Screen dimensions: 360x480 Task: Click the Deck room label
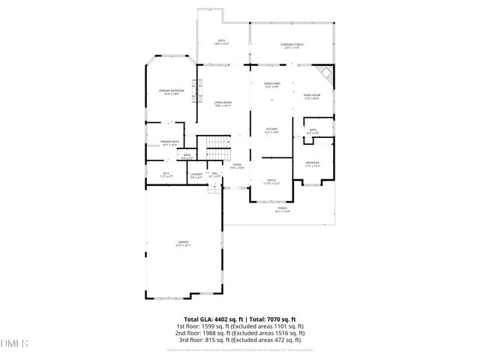[222, 42]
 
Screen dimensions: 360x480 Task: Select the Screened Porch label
[292, 46]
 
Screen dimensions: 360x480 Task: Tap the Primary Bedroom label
[171, 91]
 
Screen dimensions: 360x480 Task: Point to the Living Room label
[223, 104]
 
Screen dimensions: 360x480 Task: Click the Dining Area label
[272, 85]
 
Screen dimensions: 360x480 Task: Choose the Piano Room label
[311, 97]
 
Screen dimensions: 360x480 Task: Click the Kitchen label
[271, 130]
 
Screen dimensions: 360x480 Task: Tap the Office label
[271, 182]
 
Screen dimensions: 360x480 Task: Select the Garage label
[184, 244]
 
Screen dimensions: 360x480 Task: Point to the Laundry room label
[196, 176]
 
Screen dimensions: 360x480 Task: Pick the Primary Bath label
[169, 143]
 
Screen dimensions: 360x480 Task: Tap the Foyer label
[236, 166]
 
